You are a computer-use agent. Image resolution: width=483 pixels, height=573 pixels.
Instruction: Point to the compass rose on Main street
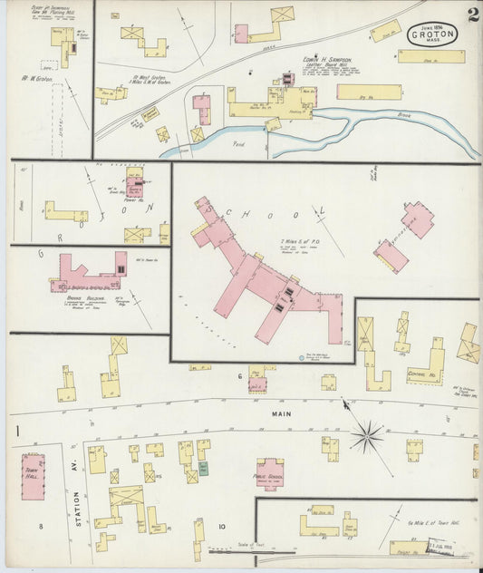367,436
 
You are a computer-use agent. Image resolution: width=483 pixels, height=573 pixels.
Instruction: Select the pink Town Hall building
34,476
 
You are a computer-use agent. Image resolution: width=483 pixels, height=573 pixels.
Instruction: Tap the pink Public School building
269,473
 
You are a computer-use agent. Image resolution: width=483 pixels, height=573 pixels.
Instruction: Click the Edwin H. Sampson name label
326,60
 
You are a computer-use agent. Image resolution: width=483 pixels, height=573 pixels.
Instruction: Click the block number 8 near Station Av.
40,526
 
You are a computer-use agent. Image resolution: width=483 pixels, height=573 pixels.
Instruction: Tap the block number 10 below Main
220,526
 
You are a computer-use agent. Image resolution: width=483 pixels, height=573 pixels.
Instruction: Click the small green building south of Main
203,469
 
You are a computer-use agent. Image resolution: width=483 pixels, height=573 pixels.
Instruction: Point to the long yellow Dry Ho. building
369,92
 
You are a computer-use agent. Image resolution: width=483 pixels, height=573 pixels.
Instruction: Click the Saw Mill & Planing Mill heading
54,12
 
